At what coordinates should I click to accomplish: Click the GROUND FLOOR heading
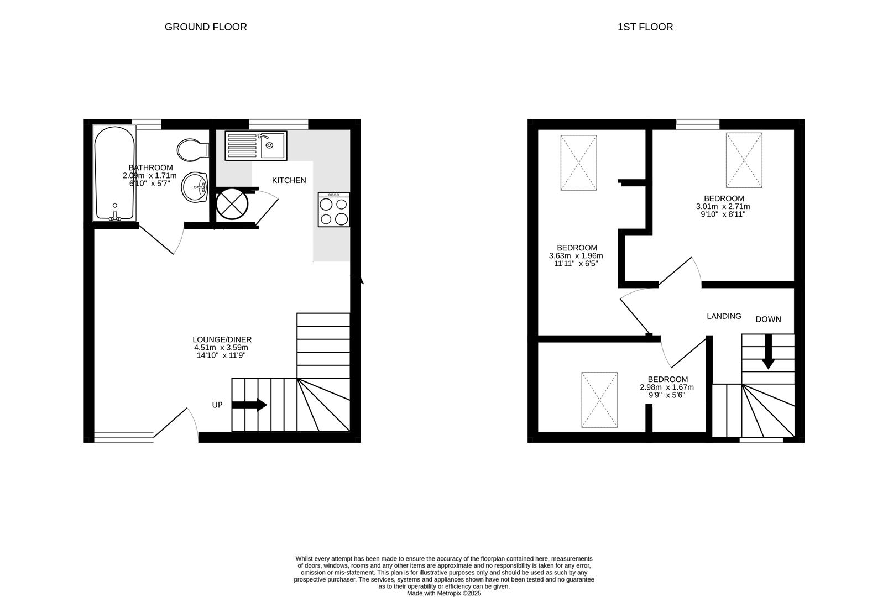[x=206, y=27]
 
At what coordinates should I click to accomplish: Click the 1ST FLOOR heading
[x=645, y=27]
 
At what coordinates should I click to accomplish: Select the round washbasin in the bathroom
[x=194, y=187]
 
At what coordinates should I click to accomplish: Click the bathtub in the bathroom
[x=114, y=173]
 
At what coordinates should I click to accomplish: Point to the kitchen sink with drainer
[x=255, y=145]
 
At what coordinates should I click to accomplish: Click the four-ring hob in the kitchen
[x=333, y=210]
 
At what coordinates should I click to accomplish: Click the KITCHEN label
[x=289, y=180]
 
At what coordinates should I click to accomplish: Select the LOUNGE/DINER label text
[x=222, y=339]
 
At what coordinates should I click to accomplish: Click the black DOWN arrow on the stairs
[x=767, y=353]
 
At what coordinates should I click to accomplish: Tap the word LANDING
[x=723, y=316]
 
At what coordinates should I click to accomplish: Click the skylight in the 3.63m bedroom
[x=578, y=163]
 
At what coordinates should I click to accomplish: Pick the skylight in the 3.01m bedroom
[x=744, y=160]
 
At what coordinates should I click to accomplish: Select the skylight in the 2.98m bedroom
[x=599, y=400]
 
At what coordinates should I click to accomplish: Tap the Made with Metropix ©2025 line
[x=444, y=593]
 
